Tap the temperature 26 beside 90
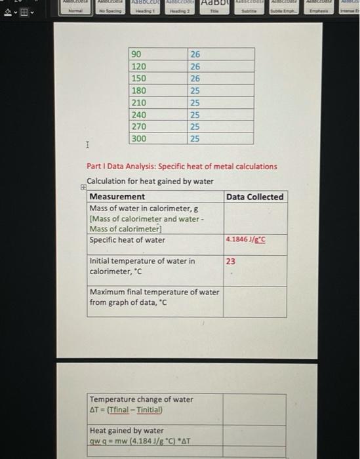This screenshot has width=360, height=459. pos(195,54)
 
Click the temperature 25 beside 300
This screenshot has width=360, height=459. pos(195,139)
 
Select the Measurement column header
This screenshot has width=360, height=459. pos(117,197)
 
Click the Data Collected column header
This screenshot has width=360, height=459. pos(255,197)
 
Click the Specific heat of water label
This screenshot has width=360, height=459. pos(127,240)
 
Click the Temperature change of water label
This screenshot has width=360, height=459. pos(141,399)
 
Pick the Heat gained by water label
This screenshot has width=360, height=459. pos(127,431)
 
